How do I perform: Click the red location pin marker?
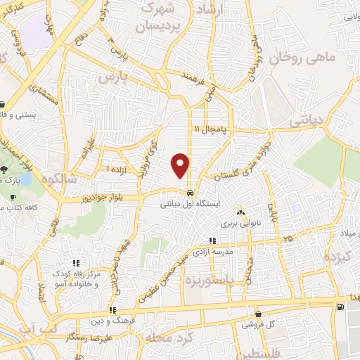181,165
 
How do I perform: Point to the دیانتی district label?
307,121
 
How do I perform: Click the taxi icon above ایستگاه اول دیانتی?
191,193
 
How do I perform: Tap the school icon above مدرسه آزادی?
213,240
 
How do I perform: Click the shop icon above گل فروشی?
259,314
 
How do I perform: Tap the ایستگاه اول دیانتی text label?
191,204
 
